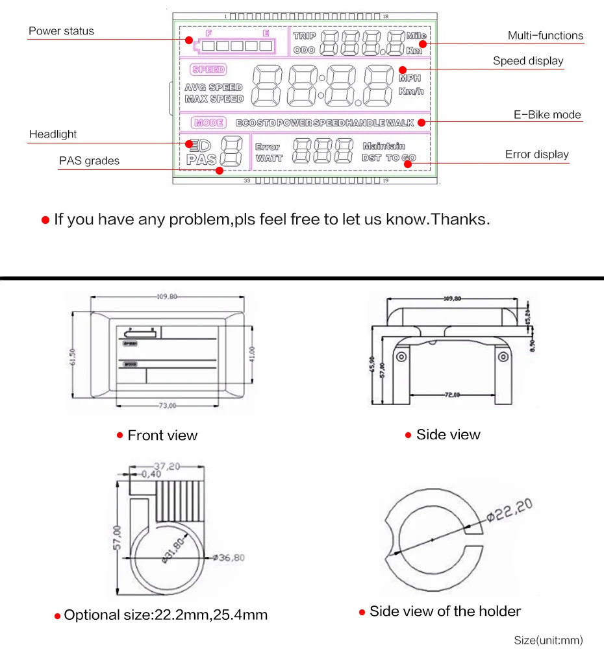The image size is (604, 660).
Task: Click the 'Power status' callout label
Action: point(61,31)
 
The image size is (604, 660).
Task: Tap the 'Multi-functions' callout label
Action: point(545,36)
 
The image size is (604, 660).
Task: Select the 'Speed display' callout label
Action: point(528,61)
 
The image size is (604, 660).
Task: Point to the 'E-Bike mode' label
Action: point(547,115)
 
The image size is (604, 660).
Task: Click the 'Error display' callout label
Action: point(536,154)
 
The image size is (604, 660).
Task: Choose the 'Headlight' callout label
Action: point(53,134)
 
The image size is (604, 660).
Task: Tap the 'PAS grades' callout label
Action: point(89,161)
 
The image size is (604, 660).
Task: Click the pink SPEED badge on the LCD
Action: point(208,69)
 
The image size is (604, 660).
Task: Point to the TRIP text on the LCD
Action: point(305,36)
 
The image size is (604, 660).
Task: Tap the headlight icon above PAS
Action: point(193,144)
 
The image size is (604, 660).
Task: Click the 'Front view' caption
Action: point(162,435)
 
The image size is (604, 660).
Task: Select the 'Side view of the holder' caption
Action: point(445,611)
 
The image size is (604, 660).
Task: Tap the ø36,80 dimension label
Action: point(231,557)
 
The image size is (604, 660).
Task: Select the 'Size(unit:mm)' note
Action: point(548,641)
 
